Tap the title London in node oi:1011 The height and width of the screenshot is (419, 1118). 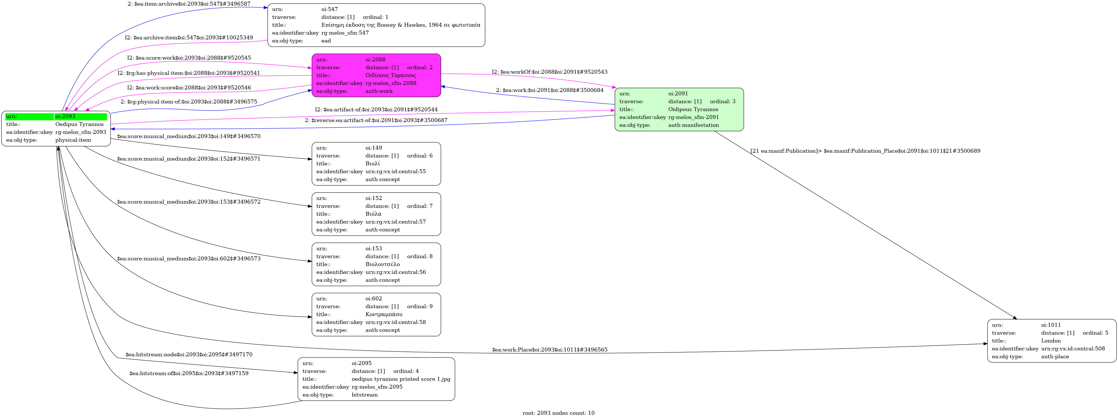(1051, 341)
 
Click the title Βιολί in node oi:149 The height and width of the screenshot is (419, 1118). (372, 164)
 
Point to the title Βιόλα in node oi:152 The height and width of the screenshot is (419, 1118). (373, 214)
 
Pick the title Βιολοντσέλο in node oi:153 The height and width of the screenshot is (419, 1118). (382, 264)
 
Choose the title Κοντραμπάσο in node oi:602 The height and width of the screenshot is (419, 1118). (384, 314)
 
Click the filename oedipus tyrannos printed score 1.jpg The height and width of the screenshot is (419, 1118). (401, 379)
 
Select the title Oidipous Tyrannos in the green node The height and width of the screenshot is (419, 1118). (693, 109)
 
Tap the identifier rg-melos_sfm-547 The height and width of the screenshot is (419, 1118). (345, 33)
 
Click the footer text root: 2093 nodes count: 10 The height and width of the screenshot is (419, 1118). (558, 413)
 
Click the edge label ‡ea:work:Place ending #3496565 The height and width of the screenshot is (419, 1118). (549, 350)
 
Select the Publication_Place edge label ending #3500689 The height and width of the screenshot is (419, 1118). (865, 151)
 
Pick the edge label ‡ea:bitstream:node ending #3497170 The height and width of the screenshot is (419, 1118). (189, 355)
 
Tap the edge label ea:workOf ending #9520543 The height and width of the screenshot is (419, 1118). (549, 72)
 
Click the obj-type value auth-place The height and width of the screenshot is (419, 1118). (1055, 357)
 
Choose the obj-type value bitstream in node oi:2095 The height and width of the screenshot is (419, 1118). (365, 395)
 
